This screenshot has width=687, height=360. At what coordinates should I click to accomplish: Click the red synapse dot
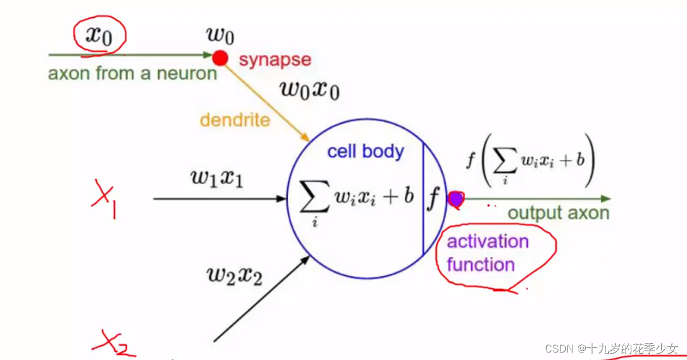(220, 58)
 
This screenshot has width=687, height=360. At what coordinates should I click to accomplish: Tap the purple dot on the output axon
(456, 199)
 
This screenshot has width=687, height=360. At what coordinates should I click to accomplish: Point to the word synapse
(275, 59)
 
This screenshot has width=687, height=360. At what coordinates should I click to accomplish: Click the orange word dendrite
(235, 120)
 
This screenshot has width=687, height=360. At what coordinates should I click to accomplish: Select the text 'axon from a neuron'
(132, 74)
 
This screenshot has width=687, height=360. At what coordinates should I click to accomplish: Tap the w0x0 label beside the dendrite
(309, 90)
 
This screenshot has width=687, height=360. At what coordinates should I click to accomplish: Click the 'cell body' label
(366, 151)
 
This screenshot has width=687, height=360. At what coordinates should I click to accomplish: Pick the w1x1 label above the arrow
(217, 179)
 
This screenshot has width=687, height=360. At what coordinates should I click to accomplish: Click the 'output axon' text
(558, 213)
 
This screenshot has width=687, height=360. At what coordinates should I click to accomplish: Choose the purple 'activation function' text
(488, 253)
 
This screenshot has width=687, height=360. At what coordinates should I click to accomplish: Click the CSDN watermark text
(611, 348)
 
